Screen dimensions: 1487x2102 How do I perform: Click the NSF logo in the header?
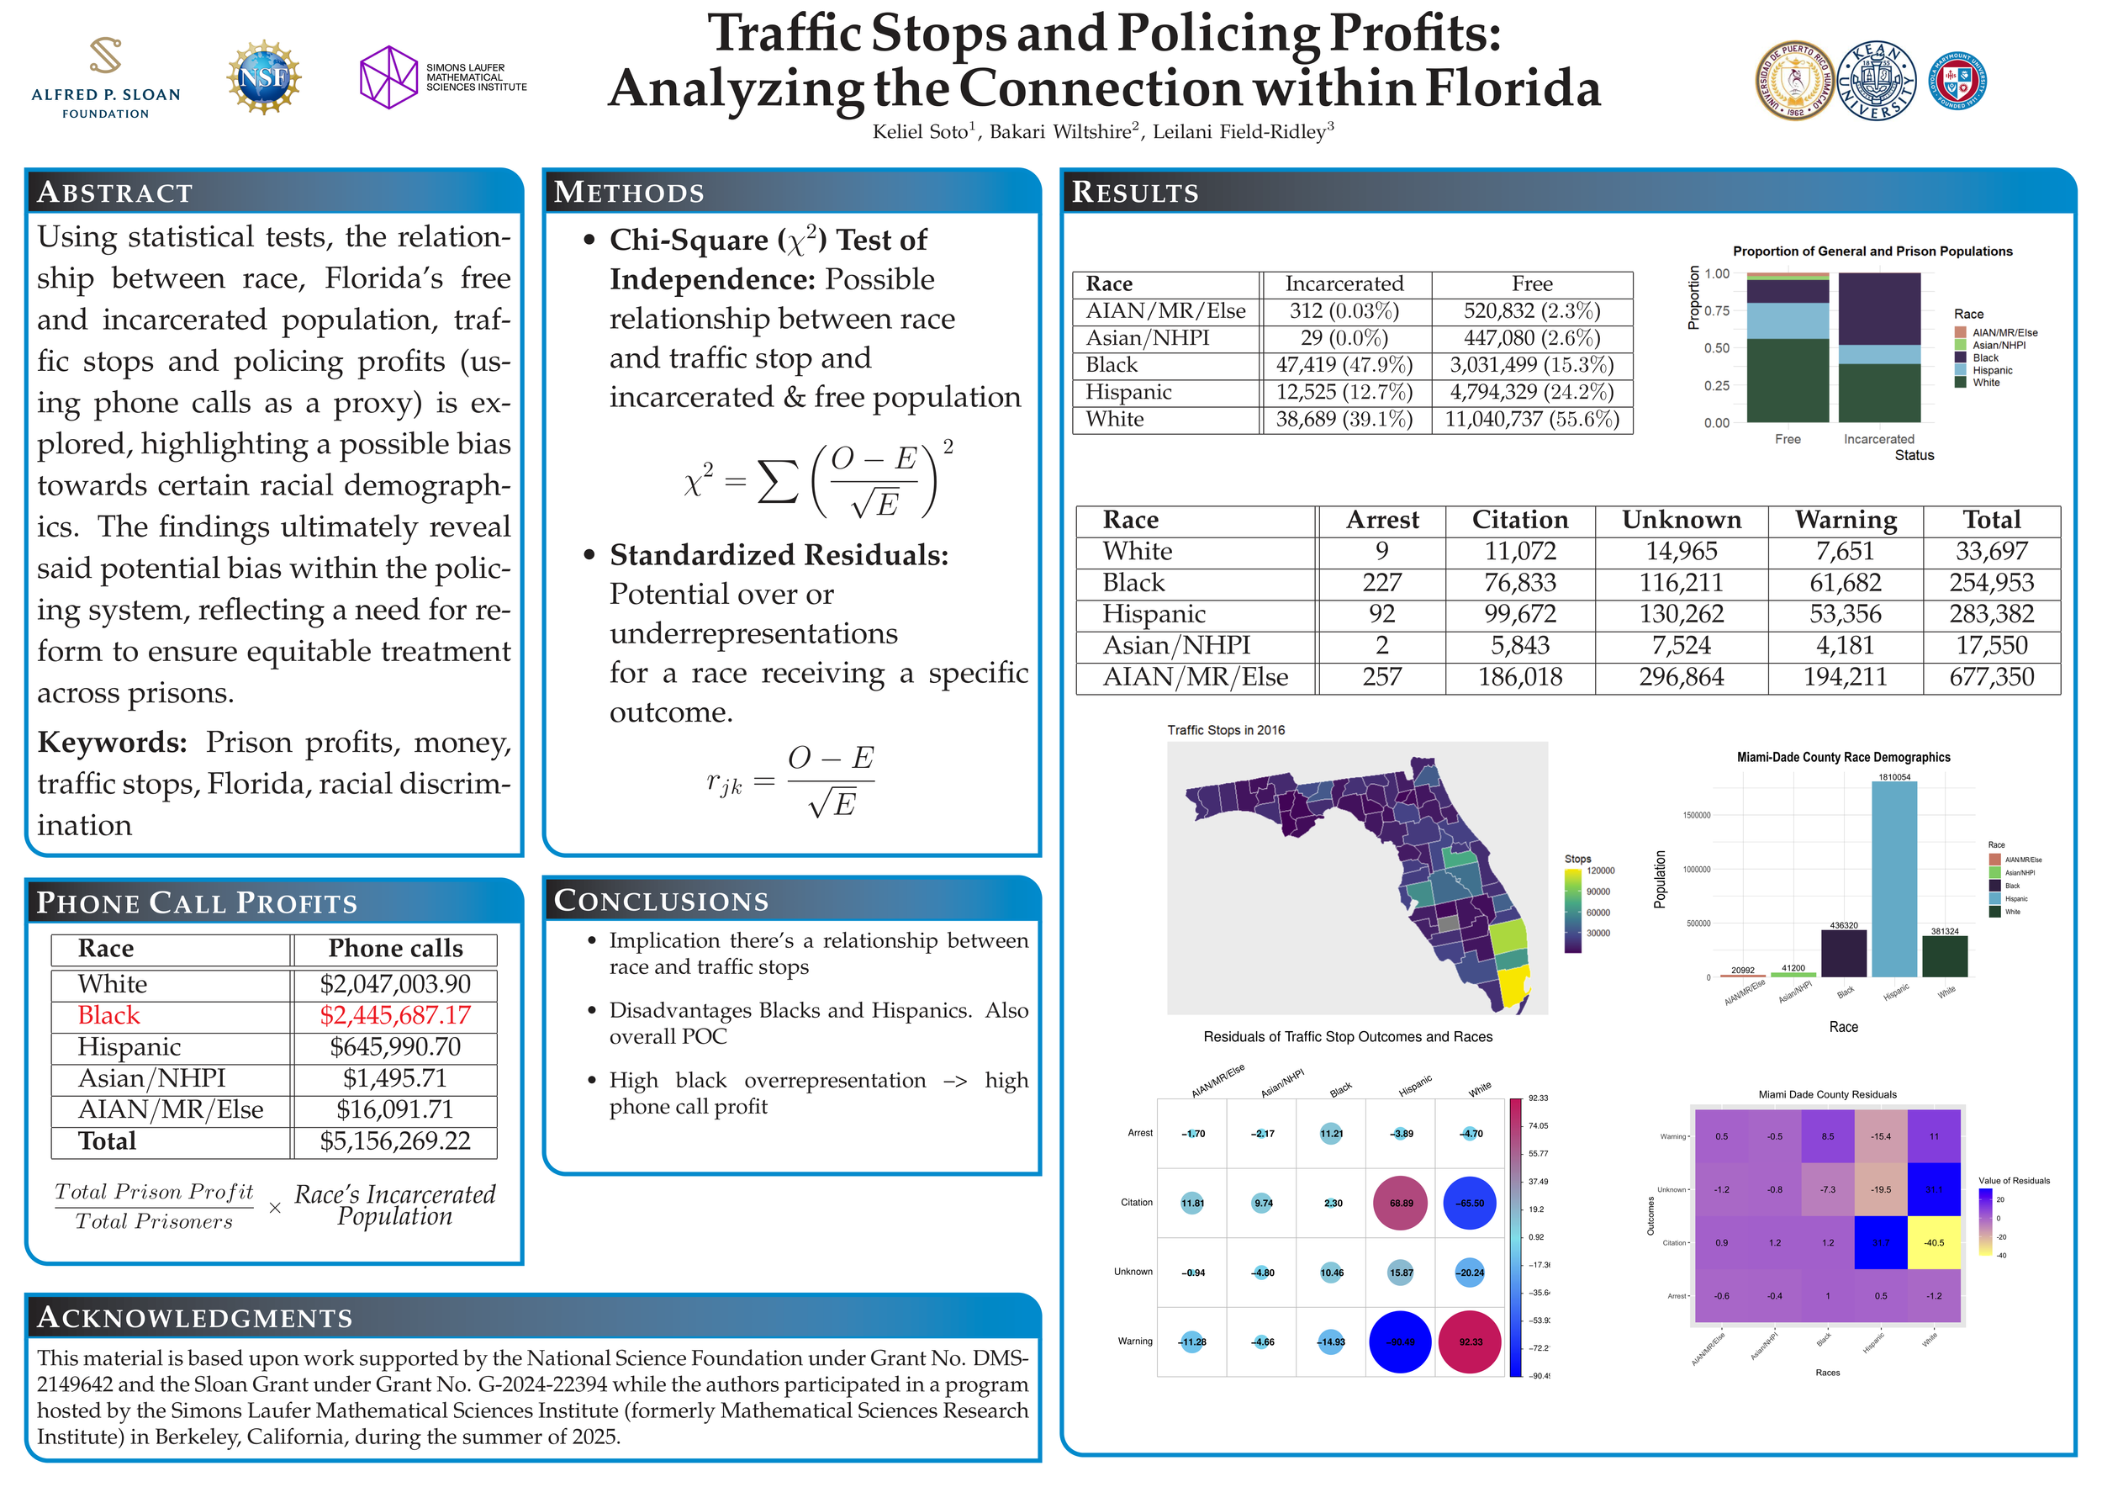coord(264,77)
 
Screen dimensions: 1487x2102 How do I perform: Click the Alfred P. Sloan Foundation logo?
coord(105,78)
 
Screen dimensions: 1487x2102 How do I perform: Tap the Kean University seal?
coord(1876,81)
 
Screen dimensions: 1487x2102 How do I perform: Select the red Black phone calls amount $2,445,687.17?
coord(394,1015)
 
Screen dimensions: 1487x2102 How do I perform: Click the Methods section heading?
coord(629,193)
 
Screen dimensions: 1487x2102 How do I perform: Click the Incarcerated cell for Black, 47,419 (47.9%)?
coord(1344,365)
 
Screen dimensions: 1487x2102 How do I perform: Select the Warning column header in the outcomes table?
coord(1845,520)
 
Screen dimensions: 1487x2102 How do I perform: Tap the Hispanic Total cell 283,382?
coord(1990,614)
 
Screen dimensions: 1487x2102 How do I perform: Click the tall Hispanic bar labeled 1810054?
coord(1893,879)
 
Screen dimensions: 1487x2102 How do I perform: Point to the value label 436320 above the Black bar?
coord(1843,926)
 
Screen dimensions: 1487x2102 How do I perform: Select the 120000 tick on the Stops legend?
coord(1600,871)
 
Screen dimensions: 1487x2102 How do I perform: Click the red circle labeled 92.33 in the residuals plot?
coord(1471,1341)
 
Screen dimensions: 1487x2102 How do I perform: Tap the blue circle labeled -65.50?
coord(1470,1204)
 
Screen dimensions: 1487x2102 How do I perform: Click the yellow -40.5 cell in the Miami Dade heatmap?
coord(1934,1242)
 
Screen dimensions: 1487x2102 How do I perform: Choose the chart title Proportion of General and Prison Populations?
coord(1872,251)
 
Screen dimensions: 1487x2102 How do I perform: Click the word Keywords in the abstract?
coord(112,743)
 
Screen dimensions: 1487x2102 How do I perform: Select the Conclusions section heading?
coord(661,901)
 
